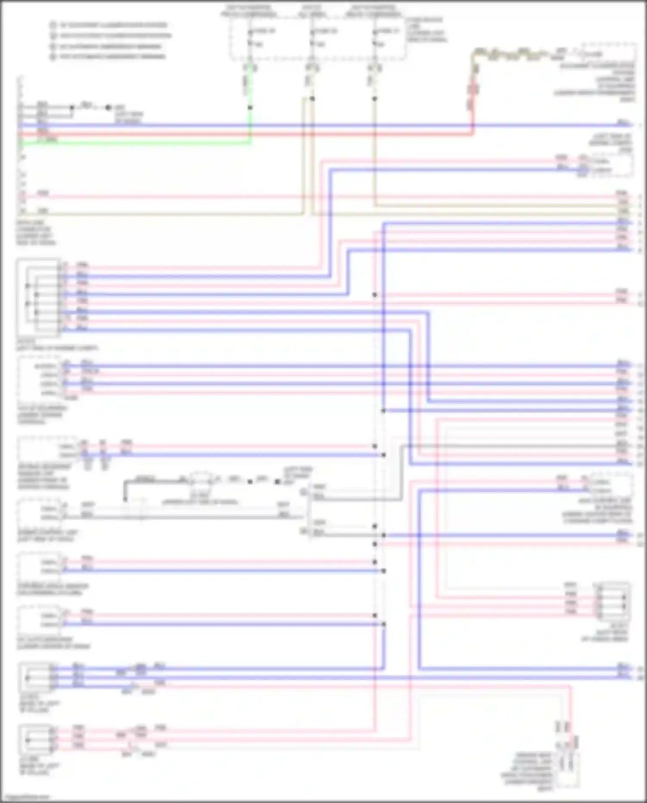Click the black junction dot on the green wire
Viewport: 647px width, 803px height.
(x=250, y=107)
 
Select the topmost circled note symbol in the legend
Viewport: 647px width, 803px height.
(x=53, y=25)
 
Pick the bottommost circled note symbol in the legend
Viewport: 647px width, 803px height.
(x=53, y=57)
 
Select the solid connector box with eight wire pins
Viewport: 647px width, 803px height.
(x=38, y=297)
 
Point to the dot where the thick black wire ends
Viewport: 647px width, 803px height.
(x=125, y=500)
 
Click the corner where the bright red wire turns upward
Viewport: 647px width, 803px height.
(x=473, y=134)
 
